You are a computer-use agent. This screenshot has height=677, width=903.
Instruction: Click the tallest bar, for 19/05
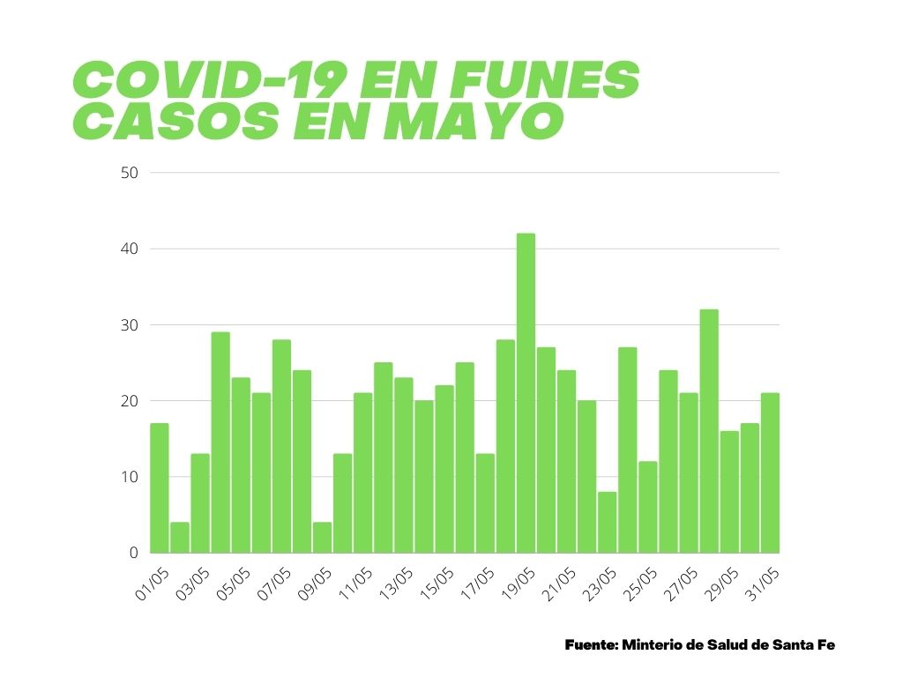coord(526,393)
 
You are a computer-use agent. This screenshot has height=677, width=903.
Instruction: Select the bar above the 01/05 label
coord(159,488)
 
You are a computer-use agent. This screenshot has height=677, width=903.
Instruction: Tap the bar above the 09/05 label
coord(322,538)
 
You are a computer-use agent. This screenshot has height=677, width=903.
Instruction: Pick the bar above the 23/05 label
coord(607,523)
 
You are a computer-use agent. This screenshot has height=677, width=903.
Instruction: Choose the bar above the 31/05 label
coord(770,473)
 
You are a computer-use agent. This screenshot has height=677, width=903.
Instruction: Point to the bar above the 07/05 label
coord(281,446)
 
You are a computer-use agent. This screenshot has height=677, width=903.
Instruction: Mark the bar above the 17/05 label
coord(485,503)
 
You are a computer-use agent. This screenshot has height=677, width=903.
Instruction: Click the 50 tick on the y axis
coord(129,173)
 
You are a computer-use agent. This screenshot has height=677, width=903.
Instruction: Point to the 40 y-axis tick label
coord(129,249)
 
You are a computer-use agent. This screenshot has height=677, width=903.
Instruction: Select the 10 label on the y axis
coord(129,477)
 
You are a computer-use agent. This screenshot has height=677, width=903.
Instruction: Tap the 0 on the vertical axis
coord(134,553)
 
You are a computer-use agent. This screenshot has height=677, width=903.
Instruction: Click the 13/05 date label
coord(395,584)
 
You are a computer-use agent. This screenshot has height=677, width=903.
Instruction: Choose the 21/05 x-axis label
coord(557,584)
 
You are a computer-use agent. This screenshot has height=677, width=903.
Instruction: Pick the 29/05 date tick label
coord(720,584)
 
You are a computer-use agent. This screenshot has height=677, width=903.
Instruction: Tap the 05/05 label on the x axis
coord(233,584)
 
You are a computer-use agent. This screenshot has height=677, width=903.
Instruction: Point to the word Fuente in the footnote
coord(590,645)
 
